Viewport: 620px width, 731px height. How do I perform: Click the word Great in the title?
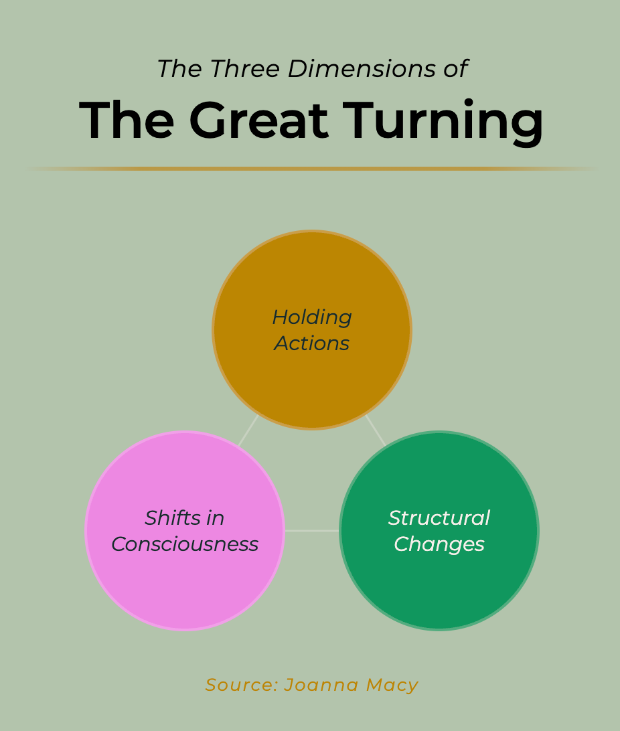tap(258, 121)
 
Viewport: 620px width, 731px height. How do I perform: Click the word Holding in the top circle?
tap(312, 317)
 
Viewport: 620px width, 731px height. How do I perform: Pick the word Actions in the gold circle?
tap(312, 343)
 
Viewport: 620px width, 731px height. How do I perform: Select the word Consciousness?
tap(185, 544)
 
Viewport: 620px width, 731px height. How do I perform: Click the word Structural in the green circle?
tap(439, 518)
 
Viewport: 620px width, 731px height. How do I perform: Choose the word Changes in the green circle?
tap(439, 544)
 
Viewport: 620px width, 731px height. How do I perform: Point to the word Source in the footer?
tap(241, 685)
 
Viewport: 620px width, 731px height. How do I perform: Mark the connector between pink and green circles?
tap(312, 531)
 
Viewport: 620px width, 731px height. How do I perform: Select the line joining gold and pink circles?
tap(248, 431)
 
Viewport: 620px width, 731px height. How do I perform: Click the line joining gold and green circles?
tap(376, 431)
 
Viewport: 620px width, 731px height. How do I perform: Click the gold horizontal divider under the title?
tap(312, 169)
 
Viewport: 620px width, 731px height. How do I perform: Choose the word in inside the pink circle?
tap(216, 518)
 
